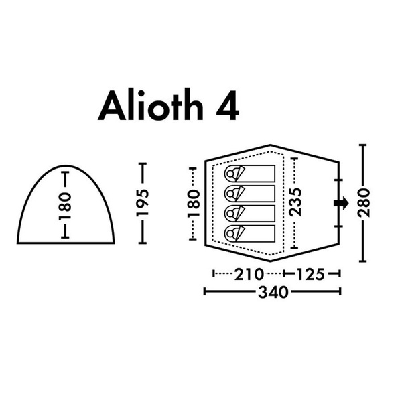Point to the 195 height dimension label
coord(141,203)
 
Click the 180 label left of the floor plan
coord(193,202)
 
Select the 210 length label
coord(248,274)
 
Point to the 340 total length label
coord(273,292)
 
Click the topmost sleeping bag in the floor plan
coord(249,174)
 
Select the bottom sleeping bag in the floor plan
coord(249,232)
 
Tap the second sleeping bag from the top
coord(249,194)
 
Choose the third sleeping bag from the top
coord(249,213)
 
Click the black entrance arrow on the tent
coord(340,203)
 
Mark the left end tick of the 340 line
coord(204,291)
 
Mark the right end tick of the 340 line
coord(342,291)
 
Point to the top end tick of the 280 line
coord(363,144)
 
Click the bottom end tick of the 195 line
coord(141,242)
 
